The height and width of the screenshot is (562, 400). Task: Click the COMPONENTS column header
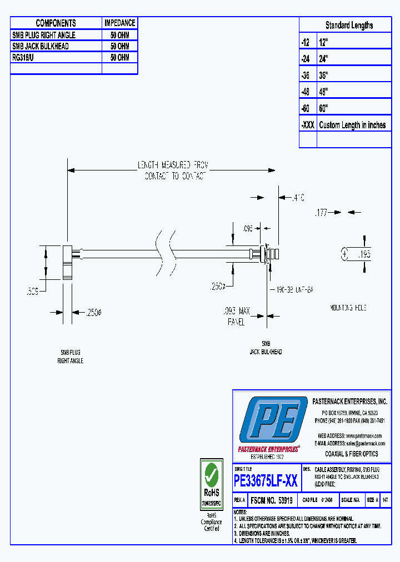coord(56,23)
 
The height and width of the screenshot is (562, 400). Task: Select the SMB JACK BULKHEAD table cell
coord(41,47)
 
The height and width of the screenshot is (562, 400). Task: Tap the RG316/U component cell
coord(25,58)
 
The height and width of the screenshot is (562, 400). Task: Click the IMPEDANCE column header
coord(119,23)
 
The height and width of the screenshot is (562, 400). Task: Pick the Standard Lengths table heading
coord(349,26)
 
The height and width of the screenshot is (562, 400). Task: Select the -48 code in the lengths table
coord(307,92)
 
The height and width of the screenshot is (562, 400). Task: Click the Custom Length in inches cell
coord(352,126)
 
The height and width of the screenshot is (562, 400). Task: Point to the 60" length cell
coord(324,108)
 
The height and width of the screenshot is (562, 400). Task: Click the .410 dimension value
coord(299,197)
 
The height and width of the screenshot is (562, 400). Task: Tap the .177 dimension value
coord(321,212)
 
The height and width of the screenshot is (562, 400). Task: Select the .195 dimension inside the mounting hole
coord(363,255)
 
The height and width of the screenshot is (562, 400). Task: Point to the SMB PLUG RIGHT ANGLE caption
coord(70,357)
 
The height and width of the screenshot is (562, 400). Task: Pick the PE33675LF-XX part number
coord(266,480)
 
